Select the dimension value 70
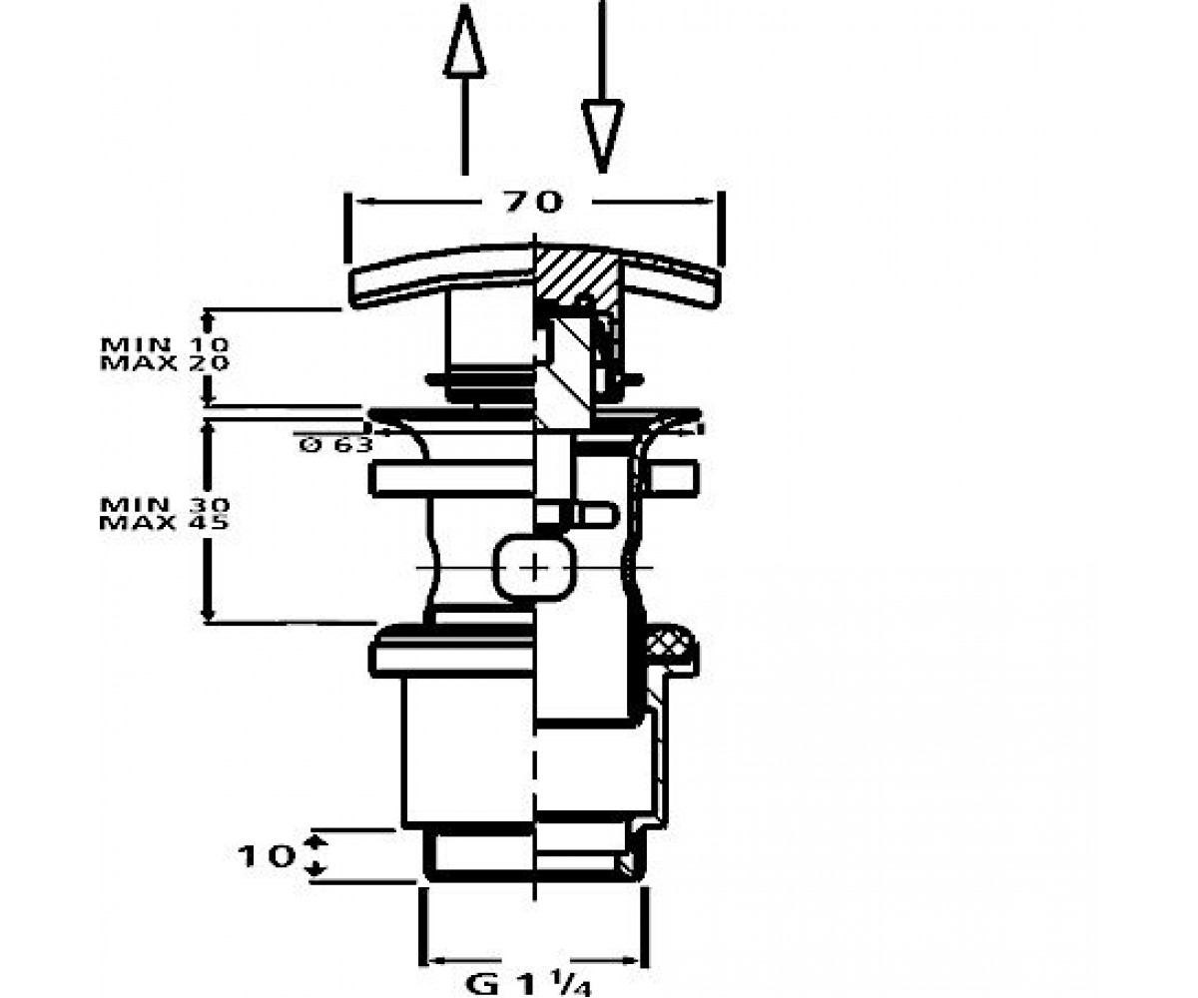click(533, 202)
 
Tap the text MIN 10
click(165, 344)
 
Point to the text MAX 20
click(165, 362)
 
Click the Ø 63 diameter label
click(335, 444)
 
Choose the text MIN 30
click(165, 505)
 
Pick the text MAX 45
click(165, 523)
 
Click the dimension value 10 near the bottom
click(266, 857)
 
